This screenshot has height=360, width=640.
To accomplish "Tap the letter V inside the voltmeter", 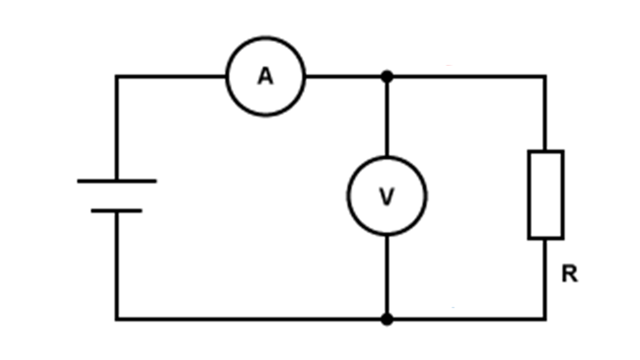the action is pos(387,196).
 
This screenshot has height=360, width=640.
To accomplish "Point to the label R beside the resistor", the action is pos(569,273).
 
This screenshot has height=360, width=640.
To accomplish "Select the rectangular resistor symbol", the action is pos(545,195).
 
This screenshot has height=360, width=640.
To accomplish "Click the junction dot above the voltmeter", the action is pos(387,76).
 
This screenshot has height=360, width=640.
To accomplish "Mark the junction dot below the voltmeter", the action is pos(387,319).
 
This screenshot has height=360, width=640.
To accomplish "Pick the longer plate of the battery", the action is pos(117,181).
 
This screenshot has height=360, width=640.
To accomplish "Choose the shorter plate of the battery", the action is pos(116,211).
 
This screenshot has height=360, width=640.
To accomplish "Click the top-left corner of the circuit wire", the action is pos(116,76).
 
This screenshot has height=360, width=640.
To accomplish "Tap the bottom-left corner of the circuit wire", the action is pos(116,319).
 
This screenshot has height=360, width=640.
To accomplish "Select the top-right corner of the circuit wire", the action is pos(544,76).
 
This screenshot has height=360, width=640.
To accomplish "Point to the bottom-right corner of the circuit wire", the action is pos(545,319).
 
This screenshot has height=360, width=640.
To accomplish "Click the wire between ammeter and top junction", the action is pos(343,76).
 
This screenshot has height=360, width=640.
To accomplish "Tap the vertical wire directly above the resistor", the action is pos(545,113).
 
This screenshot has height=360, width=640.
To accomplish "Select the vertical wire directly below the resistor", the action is pos(545,279).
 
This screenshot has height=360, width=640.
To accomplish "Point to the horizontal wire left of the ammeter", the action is pos(171,76).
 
